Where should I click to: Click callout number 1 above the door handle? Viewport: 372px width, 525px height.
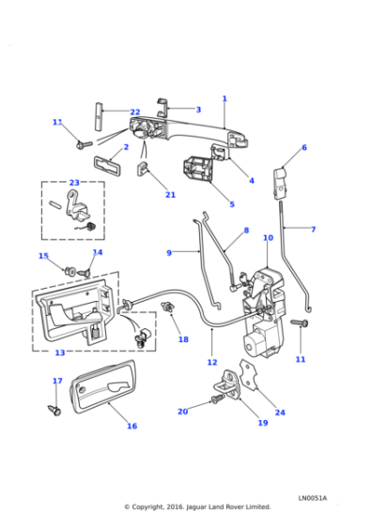coord(225,98)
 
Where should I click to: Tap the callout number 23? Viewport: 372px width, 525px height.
coord(74,183)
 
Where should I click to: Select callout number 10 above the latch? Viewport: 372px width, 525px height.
coord(268,238)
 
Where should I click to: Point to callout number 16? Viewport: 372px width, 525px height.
coord(132,426)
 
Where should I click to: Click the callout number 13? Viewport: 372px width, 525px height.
coord(59,353)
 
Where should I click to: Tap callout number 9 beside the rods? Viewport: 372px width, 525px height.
coord(169,252)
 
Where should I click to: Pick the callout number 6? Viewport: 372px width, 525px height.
coord(303,147)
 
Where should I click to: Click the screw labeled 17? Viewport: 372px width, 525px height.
coord(54,409)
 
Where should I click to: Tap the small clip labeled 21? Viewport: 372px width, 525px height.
coord(145,170)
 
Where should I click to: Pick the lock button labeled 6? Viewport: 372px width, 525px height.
coord(280,178)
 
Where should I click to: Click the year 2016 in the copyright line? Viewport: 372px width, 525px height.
coord(176,506)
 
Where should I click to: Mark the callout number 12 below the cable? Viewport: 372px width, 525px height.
coord(211,362)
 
